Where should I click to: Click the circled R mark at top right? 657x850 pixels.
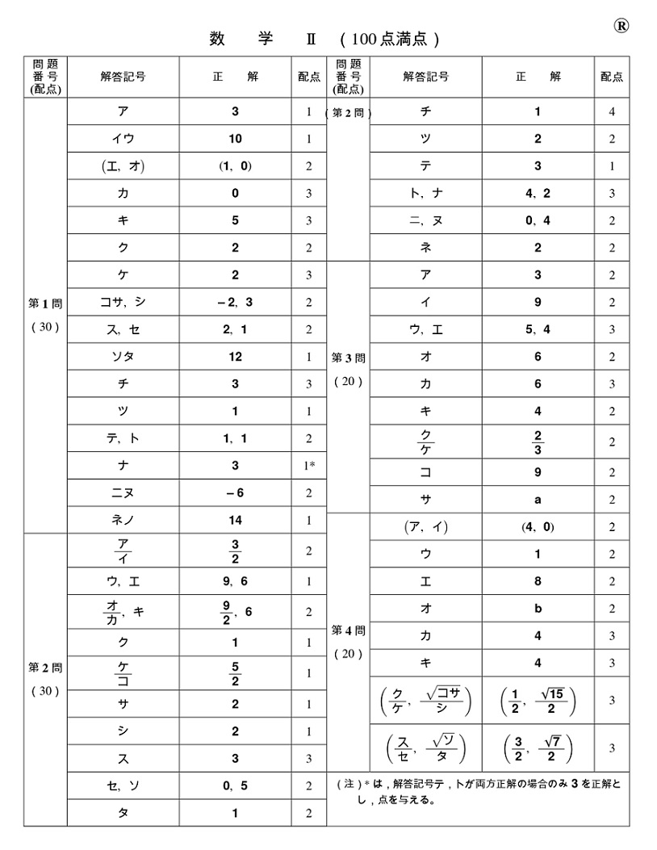621,25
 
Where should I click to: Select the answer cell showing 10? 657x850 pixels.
235,139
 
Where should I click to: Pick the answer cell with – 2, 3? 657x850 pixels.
235,302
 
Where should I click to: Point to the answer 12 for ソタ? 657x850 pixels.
235,357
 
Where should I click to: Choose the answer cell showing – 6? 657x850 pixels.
235,493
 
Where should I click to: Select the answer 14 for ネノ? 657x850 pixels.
235,521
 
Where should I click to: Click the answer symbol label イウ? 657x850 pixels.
123,139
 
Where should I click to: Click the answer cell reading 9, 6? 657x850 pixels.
235,580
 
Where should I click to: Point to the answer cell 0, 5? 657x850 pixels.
235,785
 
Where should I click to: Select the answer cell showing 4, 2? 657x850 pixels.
538,193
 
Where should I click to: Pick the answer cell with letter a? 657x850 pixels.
538,500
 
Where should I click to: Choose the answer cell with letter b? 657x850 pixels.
538,609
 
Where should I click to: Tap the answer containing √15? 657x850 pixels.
538,700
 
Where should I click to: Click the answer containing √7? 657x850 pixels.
538,747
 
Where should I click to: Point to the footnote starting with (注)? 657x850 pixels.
478,792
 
